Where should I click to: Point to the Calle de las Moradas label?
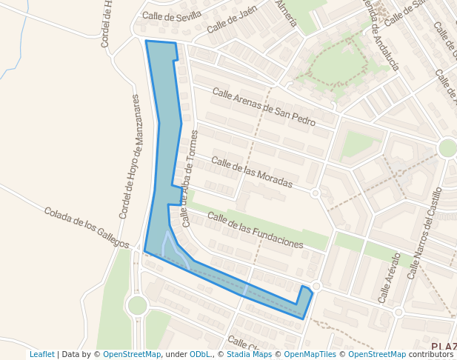[x=252, y=172]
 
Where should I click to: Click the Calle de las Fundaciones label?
[x=256, y=230]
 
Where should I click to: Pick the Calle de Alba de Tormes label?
[x=190, y=178]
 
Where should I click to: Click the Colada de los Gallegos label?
[x=87, y=227]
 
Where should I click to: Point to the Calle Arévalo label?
[x=389, y=278]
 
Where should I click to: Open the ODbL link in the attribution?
[x=199, y=354]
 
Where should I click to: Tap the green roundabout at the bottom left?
[x=137, y=304]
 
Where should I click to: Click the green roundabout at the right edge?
[x=447, y=147]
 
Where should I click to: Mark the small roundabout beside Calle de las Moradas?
[x=315, y=193]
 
